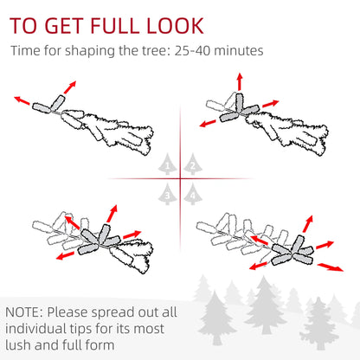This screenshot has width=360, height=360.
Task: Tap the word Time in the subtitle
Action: click(x=26, y=51)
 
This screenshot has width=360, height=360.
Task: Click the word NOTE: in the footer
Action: click(x=26, y=311)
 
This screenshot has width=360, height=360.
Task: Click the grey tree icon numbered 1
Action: click(x=167, y=164)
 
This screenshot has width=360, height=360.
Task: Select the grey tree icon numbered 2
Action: click(x=192, y=164)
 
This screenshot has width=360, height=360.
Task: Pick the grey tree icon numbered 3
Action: click(x=167, y=195)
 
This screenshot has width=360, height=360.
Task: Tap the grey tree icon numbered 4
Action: click(x=192, y=195)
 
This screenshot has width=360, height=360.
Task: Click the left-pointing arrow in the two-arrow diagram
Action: click(x=22, y=100)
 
